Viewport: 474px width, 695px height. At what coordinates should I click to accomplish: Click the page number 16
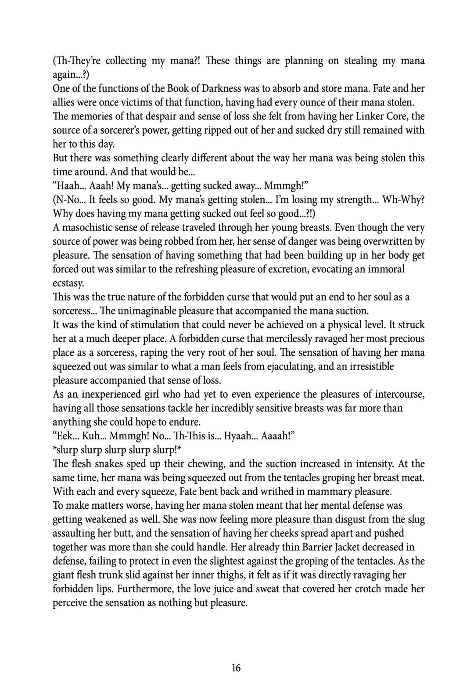click(x=236, y=668)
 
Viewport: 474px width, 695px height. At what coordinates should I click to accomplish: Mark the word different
click(x=211, y=158)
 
